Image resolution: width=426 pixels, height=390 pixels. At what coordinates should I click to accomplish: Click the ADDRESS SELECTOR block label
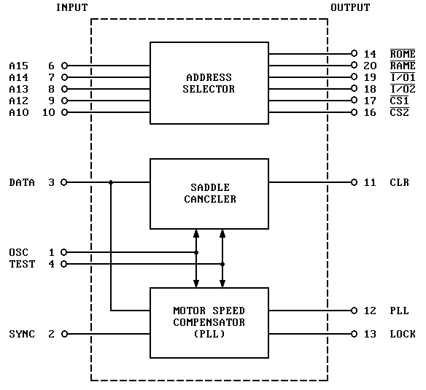(209, 83)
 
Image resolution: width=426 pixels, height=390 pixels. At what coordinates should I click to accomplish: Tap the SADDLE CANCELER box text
(210, 193)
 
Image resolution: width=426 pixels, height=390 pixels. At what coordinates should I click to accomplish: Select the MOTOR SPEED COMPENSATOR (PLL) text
(209, 322)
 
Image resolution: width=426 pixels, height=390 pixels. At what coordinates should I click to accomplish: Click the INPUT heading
(72, 7)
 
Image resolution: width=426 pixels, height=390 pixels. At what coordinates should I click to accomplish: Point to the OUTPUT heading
(350, 7)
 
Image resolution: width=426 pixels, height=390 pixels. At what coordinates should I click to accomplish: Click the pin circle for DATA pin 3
(64, 182)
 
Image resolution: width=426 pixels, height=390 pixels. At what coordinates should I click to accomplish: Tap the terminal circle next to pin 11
(354, 182)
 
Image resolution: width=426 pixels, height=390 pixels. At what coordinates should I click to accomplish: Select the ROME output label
(403, 54)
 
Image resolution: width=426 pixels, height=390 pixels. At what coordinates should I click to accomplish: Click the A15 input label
(19, 66)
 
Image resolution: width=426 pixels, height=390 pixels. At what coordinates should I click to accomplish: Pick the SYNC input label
(22, 334)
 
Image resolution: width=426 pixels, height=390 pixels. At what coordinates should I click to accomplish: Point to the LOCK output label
(403, 334)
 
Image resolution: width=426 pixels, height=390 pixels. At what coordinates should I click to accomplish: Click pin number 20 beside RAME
(370, 66)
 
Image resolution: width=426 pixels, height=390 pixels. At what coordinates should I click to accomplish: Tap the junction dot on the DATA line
(111, 182)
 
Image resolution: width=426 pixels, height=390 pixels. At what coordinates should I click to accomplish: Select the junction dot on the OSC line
(196, 252)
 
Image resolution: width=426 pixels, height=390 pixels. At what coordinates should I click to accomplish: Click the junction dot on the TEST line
(222, 264)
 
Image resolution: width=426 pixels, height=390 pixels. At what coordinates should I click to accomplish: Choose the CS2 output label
(400, 112)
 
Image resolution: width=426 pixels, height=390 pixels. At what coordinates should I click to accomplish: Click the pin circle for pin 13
(354, 334)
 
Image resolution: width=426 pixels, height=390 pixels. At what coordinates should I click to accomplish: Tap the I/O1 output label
(403, 77)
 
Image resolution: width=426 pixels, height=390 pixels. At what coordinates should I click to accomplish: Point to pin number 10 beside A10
(49, 112)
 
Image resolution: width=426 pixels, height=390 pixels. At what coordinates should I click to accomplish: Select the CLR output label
(400, 182)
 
